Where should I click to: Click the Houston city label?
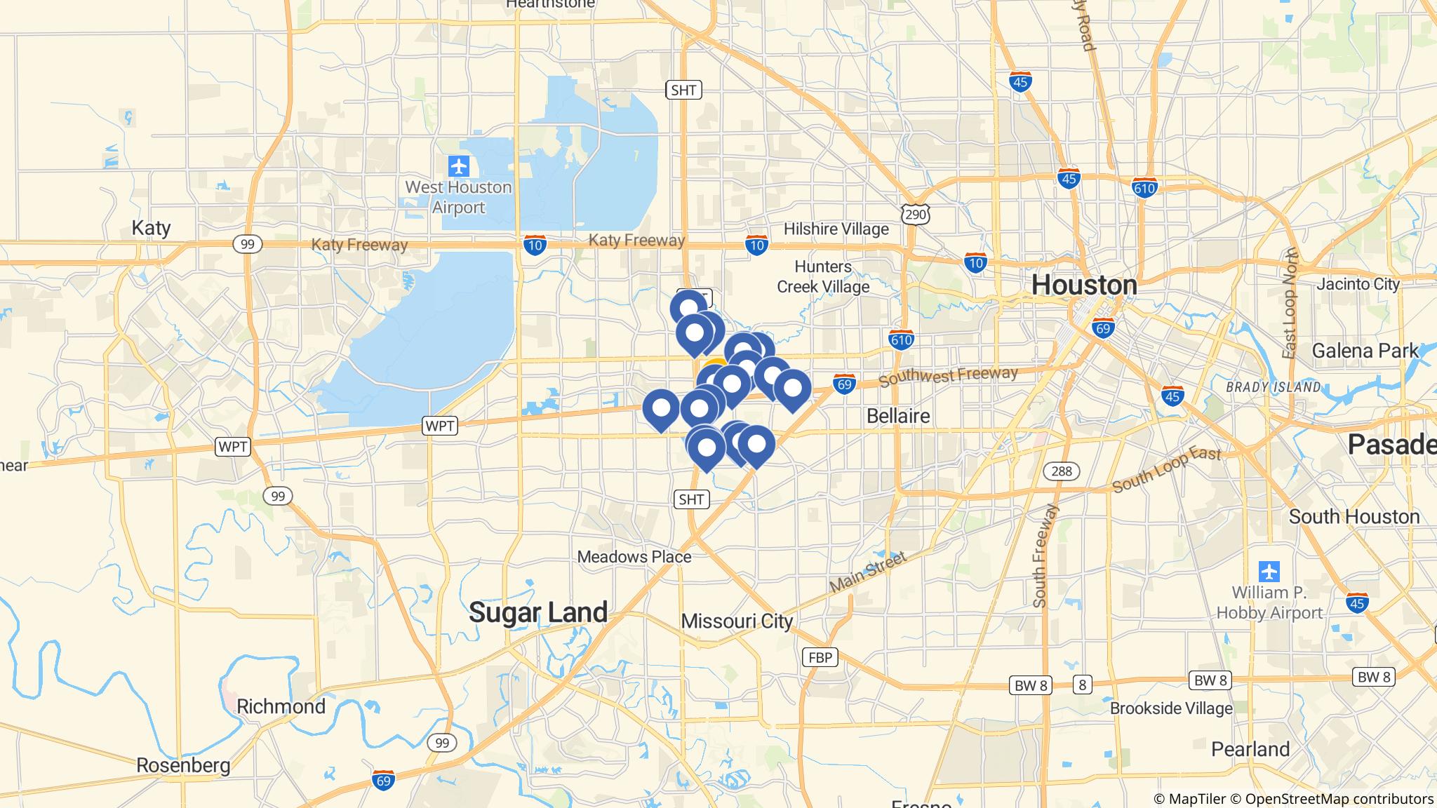pyautogui.click(x=1084, y=285)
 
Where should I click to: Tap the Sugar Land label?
pyautogui.click(x=538, y=612)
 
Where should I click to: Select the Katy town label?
pyautogui.click(x=151, y=228)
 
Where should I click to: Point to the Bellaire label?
pyautogui.click(x=898, y=416)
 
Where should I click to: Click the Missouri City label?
pyautogui.click(x=737, y=621)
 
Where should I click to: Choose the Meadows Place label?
pyautogui.click(x=634, y=557)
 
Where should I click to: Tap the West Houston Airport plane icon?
pyautogui.click(x=459, y=167)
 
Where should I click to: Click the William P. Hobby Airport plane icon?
pyautogui.click(x=1269, y=571)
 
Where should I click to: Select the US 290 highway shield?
pyautogui.click(x=916, y=214)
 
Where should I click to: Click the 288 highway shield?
pyautogui.click(x=1061, y=471)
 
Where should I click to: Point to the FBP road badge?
pyautogui.click(x=820, y=657)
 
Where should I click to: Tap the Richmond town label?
pyautogui.click(x=281, y=706)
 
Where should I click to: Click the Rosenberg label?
pyautogui.click(x=183, y=765)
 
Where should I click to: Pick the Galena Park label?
pyautogui.click(x=1365, y=351)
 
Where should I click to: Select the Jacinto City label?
pyautogui.click(x=1358, y=284)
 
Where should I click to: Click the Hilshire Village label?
pyautogui.click(x=836, y=229)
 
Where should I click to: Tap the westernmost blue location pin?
pyautogui.click(x=661, y=408)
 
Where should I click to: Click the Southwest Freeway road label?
pyautogui.click(x=947, y=377)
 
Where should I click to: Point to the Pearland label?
pyautogui.click(x=1250, y=749)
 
